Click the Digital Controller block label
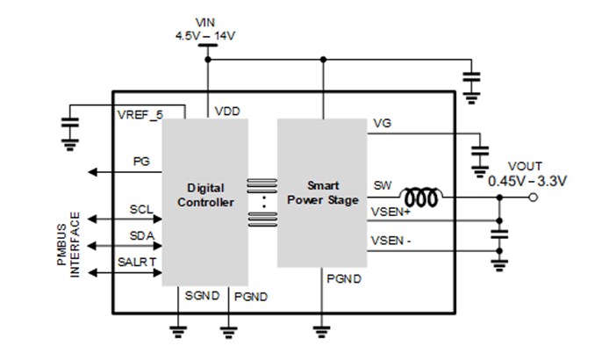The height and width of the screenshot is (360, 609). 205,195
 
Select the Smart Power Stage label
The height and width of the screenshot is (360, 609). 322,192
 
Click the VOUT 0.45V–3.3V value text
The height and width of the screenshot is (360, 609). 527,182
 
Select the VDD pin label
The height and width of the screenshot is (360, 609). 226,112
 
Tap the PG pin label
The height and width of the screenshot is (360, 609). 141,162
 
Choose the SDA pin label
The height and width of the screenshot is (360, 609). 141,237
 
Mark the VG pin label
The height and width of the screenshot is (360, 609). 382,123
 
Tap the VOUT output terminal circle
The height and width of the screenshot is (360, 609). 534,198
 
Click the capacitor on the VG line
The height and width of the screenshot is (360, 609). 480,146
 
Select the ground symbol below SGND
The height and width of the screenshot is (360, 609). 177,331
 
